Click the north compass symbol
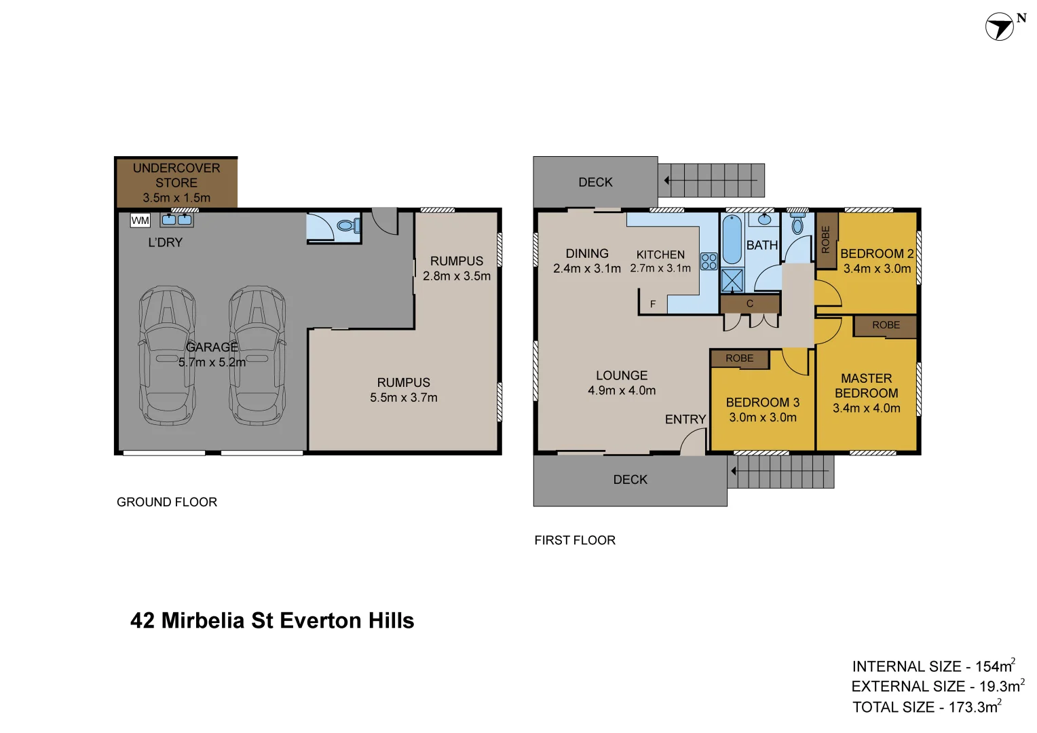pyautogui.click(x=1000, y=27)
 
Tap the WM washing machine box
pyautogui.click(x=140, y=221)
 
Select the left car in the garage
pyautogui.click(x=167, y=356)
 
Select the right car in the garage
pyautogui.click(x=257, y=356)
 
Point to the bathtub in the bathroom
pyautogui.click(x=732, y=240)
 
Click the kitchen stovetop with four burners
pyautogui.click(x=709, y=261)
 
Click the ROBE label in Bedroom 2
pyautogui.click(x=825, y=240)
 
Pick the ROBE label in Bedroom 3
pyautogui.click(x=739, y=358)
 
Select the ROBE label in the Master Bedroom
pyautogui.click(x=886, y=325)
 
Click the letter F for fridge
pyautogui.click(x=653, y=304)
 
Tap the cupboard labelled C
pyautogui.click(x=750, y=303)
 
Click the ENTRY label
pyautogui.click(x=685, y=419)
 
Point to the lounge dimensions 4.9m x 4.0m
pyautogui.click(x=622, y=390)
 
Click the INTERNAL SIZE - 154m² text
pyautogui.click(x=933, y=666)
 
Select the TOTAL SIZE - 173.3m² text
pyautogui.click(x=926, y=707)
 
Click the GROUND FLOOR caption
pyautogui.click(x=167, y=502)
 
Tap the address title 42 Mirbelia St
pyautogui.click(x=271, y=620)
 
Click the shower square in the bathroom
pyautogui.click(x=732, y=280)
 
